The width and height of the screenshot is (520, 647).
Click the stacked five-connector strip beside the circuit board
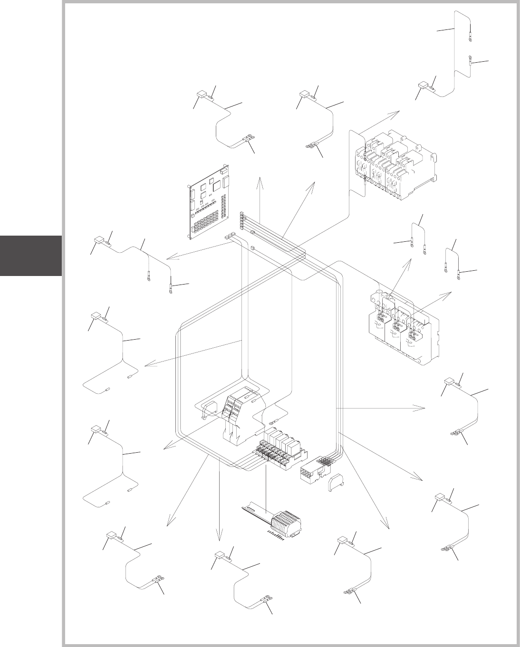242,221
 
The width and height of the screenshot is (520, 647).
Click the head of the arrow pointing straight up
260,179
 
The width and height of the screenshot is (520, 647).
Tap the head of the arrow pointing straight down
219,538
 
